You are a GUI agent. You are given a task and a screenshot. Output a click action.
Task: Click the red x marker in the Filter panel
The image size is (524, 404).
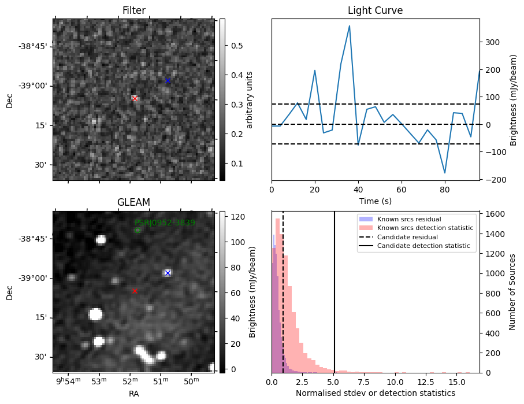[x=135, y=99]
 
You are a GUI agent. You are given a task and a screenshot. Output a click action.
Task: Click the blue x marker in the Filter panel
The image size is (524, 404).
[x=168, y=80]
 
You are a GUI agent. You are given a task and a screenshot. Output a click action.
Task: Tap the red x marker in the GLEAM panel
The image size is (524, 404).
[x=135, y=291]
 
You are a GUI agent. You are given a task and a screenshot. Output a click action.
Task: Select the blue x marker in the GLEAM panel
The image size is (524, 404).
[x=168, y=273]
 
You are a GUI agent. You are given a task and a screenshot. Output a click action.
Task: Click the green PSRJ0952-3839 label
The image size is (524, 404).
[x=165, y=223]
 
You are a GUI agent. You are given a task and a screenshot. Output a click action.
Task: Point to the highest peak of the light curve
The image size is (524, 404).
[x=350, y=26]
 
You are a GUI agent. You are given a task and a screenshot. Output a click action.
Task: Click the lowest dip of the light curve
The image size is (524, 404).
[x=445, y=173]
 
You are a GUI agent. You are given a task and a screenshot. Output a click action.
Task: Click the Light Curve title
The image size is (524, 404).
[x=375, y=10]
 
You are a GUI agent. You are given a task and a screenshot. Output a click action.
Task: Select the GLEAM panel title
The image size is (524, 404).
[x=133, y=202]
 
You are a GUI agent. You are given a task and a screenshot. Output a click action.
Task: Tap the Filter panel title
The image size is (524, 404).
[x=133, y=10]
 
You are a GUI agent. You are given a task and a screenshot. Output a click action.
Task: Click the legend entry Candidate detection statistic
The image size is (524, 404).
[x=423, y=247]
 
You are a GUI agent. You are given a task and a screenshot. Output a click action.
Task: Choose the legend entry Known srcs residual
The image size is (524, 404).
[x=409, y=219]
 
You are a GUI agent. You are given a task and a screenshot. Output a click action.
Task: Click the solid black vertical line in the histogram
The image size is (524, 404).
[x=335, y=289]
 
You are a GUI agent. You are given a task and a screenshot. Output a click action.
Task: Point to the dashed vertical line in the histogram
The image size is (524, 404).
[x=283, y=289]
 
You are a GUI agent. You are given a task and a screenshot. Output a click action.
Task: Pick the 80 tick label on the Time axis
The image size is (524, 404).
[x=445, y=190]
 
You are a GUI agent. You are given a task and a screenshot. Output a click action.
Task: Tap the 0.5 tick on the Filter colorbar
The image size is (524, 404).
[x=230, y=46]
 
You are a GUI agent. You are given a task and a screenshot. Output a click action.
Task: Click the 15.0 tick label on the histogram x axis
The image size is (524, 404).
[x=456, y=382]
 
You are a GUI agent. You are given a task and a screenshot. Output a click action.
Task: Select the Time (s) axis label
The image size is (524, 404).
[x=375, y=201]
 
